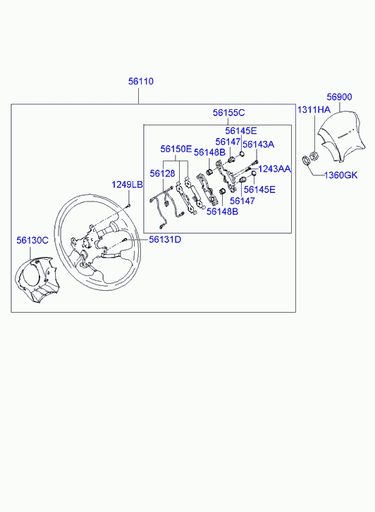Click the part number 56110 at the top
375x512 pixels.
pos(140,82)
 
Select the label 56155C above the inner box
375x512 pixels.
pos(228,113)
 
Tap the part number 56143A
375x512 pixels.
pos(258,144)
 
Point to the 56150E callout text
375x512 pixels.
pos(176,149)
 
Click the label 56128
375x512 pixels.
pos(162,173)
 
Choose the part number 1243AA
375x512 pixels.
pos(274,169)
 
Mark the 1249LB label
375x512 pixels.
pos(128,185)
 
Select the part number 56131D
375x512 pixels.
pos(164,239)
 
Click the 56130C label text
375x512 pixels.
pos(32,240)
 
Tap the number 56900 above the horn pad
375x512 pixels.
pos(340,96)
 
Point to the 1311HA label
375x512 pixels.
pos(313,110)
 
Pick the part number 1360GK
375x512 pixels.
pos(341,175)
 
